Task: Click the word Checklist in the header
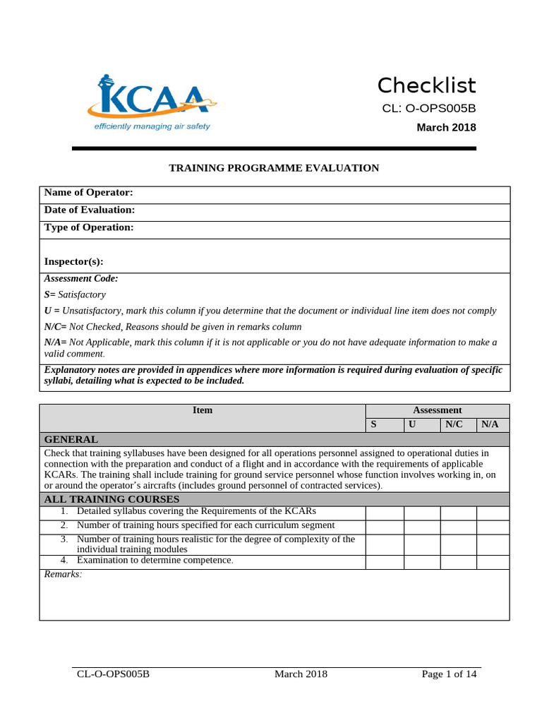426,85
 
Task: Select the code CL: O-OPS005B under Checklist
428,108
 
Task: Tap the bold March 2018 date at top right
446,128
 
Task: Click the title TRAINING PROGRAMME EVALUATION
274,168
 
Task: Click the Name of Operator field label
88,193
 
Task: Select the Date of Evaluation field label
89,210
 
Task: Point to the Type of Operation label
88,227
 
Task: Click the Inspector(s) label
73,262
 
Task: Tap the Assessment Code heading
81,279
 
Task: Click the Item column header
203,410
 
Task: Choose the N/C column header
454,424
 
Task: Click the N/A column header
490,424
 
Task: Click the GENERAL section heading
71,439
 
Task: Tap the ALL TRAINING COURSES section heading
112,499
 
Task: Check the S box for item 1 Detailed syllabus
385,513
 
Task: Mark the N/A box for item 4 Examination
493,562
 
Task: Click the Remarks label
63,575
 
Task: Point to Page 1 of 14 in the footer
449,674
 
